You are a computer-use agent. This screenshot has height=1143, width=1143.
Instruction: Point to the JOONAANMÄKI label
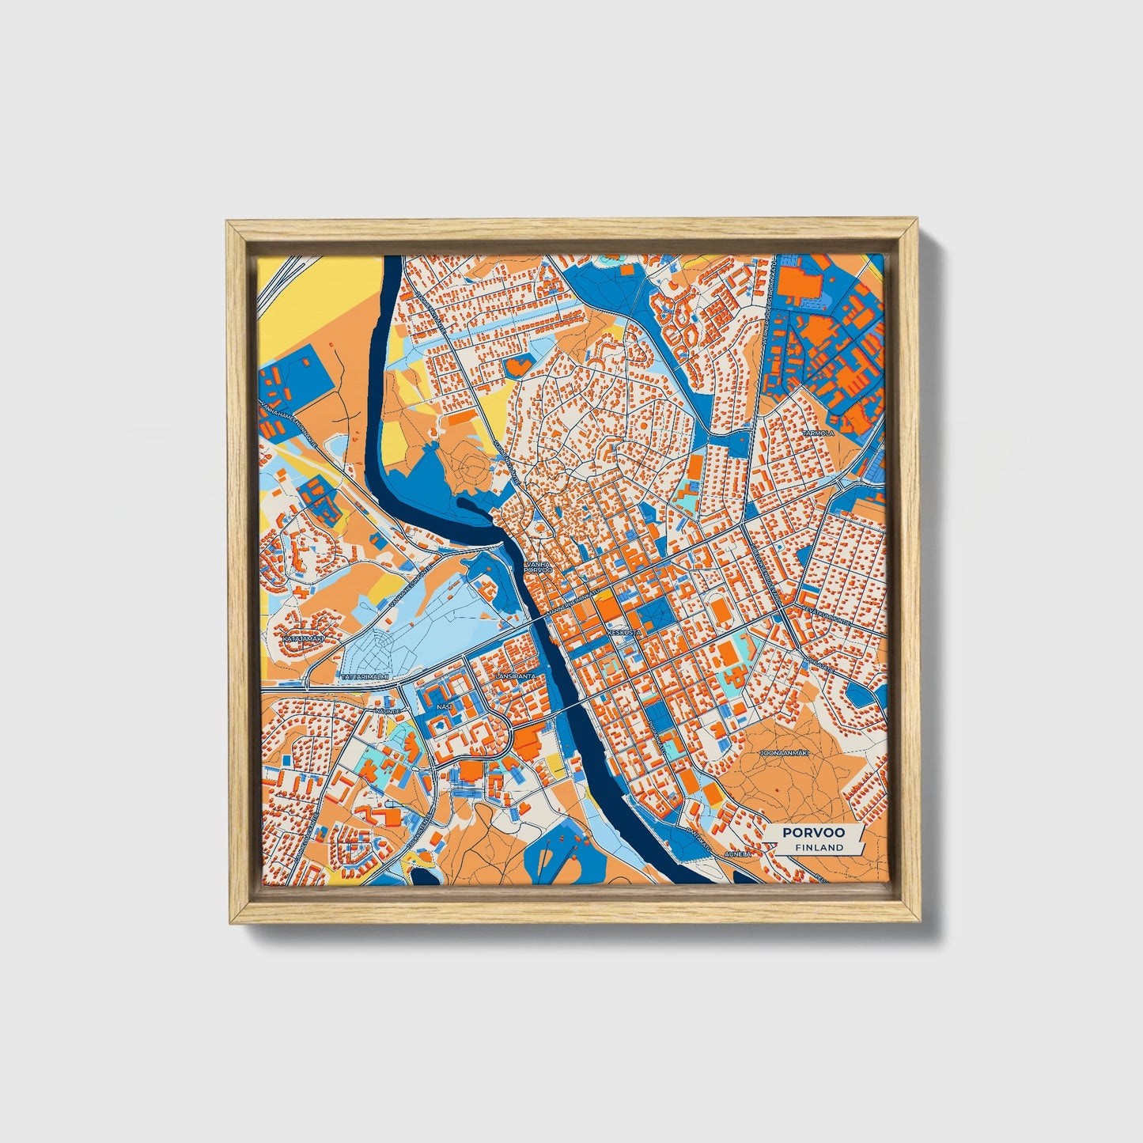tap(783, 754)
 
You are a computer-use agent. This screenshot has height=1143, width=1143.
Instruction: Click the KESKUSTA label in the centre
tap(626, 632)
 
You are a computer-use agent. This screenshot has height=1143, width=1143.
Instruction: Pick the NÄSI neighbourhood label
tap(445, 706)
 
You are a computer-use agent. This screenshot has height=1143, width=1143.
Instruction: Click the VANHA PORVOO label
tap(537, 566)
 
